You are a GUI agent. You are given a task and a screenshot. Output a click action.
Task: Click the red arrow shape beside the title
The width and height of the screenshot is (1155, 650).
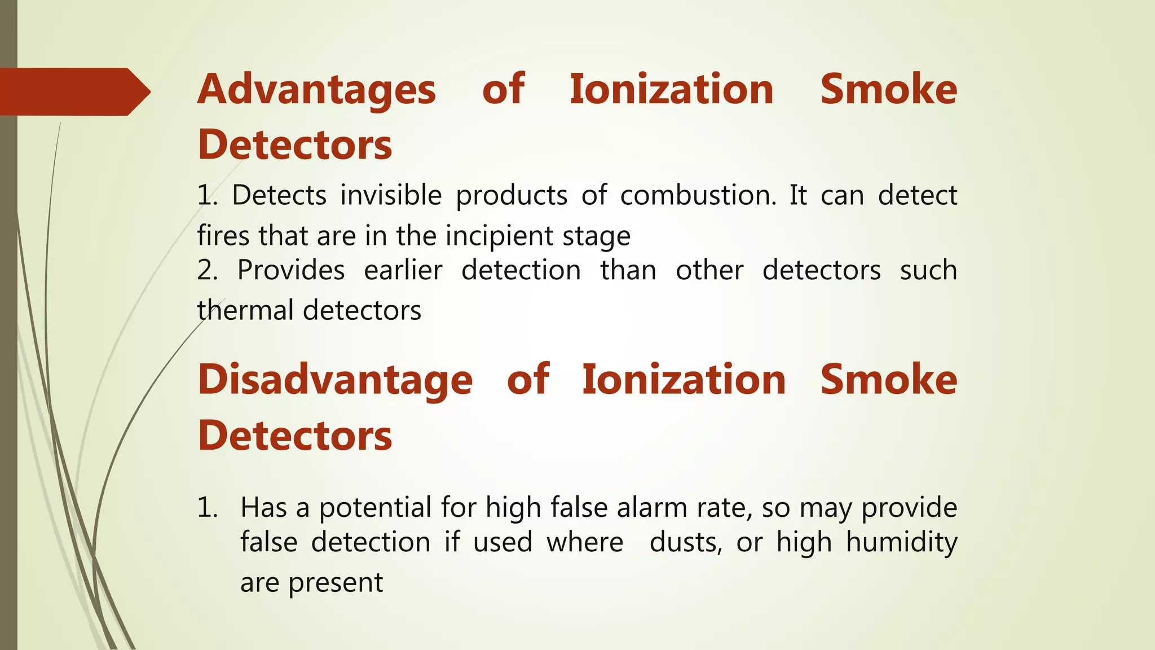(x=73, y=91)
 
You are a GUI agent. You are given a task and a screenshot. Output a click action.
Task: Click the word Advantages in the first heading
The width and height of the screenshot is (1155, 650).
(x=316, y=90)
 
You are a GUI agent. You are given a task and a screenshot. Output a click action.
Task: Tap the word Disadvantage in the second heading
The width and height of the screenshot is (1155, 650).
(x=335, y=380)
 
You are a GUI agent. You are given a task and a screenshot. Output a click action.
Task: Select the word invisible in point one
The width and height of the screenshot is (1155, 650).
(x=391, y=196)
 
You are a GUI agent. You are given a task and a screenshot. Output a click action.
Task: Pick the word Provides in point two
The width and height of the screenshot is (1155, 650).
(x=291, y=270)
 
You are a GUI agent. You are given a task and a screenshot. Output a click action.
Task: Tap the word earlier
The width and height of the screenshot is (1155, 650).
(x=403, y=270)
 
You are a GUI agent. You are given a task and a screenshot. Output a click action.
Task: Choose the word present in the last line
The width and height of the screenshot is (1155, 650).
(x=336, y=583)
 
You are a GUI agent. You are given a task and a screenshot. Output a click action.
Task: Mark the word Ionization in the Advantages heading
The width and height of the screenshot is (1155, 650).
(x=672, y=90)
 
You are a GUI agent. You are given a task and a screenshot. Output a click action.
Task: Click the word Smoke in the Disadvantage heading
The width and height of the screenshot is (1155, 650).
(x=888, y=380)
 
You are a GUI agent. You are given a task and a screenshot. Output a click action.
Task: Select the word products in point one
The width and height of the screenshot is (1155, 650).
(x=512, y=196)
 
